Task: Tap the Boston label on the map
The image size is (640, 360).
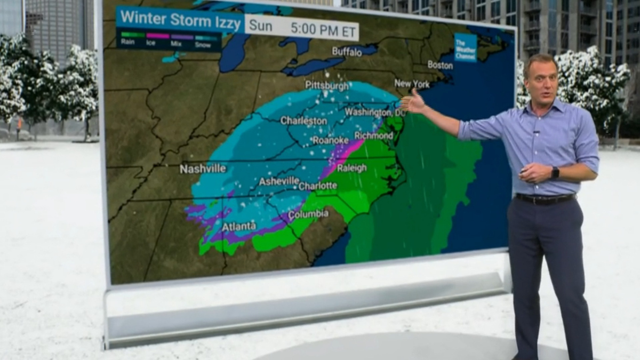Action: point(440,65)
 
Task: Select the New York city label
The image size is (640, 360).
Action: point(412,84)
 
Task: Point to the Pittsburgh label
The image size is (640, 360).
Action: point(327,85)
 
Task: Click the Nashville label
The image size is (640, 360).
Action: point(203,169)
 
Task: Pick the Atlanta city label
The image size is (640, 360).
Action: point(238,227)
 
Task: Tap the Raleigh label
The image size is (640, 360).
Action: point(351,169)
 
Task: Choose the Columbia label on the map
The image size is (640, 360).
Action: point(308,214)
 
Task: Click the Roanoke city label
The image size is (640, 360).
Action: point(330,140)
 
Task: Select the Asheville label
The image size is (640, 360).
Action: point(279,181)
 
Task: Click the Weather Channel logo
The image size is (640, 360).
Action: point(465,47)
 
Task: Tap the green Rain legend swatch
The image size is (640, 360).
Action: point(133,35)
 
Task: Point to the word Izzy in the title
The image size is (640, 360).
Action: point(227,18)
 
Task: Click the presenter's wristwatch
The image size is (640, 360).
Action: point(555,173)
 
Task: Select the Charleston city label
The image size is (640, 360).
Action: point(303,121)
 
